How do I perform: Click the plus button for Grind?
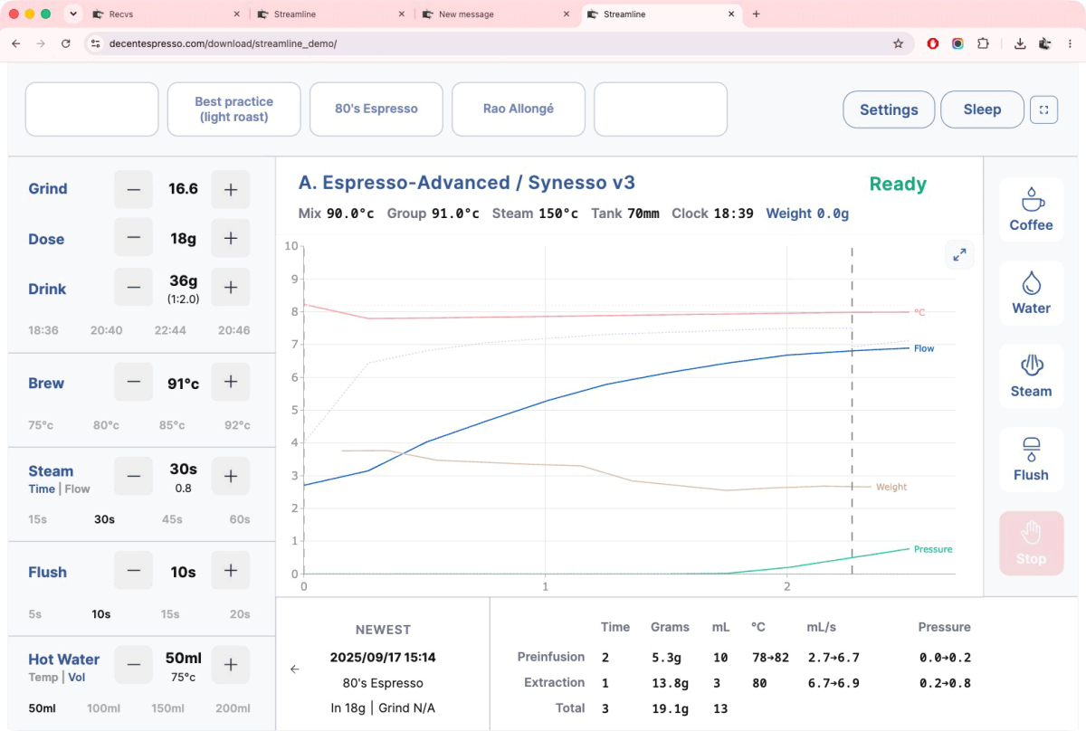[x=230, y=189]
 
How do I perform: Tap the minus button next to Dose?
[x=133, y=238]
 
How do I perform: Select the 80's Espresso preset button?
[x=376, y=109]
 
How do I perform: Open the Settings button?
[x=889, y=109]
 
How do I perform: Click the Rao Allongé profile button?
[x=519, y=109]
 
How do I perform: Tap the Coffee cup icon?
[x=1031, y=199]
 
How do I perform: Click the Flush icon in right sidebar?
[x=1031, y=450]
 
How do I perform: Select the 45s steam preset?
[x=172, y=519]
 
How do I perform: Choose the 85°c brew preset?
[x=172, y=425]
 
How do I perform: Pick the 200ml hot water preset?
[x=233, y=708]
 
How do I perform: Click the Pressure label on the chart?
[x=933, y=549]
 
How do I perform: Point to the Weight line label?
[x=891, y=487]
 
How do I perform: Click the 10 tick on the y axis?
[x=291, y=246]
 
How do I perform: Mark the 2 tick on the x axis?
[x=786, y=586]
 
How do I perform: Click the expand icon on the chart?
[x=959, y=254]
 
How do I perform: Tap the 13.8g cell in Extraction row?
[x=670, y=683]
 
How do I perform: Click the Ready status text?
[x=898, y=184]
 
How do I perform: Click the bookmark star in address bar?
[x=898, y=43]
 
